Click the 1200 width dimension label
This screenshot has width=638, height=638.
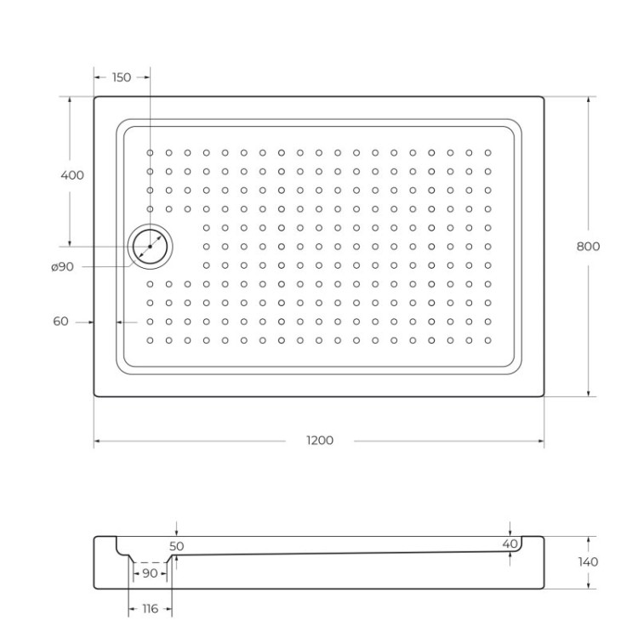320,441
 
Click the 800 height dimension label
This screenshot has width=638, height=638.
588,247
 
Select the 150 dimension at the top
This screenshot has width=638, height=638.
122,77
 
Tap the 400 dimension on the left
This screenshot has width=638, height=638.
72,175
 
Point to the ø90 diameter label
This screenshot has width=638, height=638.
62,267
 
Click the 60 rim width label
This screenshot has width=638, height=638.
60,322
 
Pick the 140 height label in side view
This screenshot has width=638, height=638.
587,562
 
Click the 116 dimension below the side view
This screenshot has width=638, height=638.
150,609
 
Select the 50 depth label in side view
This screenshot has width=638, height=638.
177,545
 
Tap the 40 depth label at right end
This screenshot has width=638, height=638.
510,544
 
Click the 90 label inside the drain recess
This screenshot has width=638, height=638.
150,573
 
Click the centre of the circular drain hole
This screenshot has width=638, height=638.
151,247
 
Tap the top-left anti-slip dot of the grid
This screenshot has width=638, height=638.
151,153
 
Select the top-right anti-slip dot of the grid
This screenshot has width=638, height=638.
487,153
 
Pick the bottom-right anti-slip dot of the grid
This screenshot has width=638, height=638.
487,340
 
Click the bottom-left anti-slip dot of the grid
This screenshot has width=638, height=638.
151,340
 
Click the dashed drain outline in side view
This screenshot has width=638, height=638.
151,562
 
